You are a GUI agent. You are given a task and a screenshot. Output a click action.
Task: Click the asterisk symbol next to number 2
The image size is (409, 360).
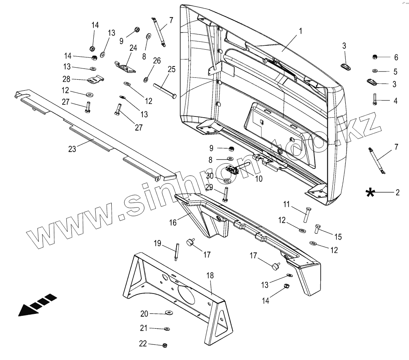click(369, 192)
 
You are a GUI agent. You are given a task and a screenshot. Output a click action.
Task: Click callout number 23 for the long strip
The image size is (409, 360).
click(72, 149)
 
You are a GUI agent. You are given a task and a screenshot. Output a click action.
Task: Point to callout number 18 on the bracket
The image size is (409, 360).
click(210, 275)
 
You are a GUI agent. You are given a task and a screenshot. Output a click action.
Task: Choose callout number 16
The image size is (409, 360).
click(173, 222)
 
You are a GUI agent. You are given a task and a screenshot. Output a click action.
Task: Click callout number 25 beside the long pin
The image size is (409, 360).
click(171, 70)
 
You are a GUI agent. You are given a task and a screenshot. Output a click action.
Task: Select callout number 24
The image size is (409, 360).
click(133, 48)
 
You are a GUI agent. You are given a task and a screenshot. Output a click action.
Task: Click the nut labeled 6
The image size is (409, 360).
click(374, 57)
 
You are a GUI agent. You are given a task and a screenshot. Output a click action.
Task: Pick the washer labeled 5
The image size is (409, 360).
click(375, 71)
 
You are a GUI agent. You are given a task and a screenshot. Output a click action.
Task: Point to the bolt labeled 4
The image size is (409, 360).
click(375, 99)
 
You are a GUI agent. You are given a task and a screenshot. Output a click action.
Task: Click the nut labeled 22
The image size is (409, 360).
click(165, 345)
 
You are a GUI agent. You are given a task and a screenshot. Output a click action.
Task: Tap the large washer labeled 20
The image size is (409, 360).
click(169, 313)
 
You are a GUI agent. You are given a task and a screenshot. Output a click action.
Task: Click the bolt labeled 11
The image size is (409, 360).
click(307, 215)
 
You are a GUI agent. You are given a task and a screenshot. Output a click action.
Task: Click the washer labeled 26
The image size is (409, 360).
click(146, 79)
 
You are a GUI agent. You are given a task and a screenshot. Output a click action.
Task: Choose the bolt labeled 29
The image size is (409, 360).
click(225, 194)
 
